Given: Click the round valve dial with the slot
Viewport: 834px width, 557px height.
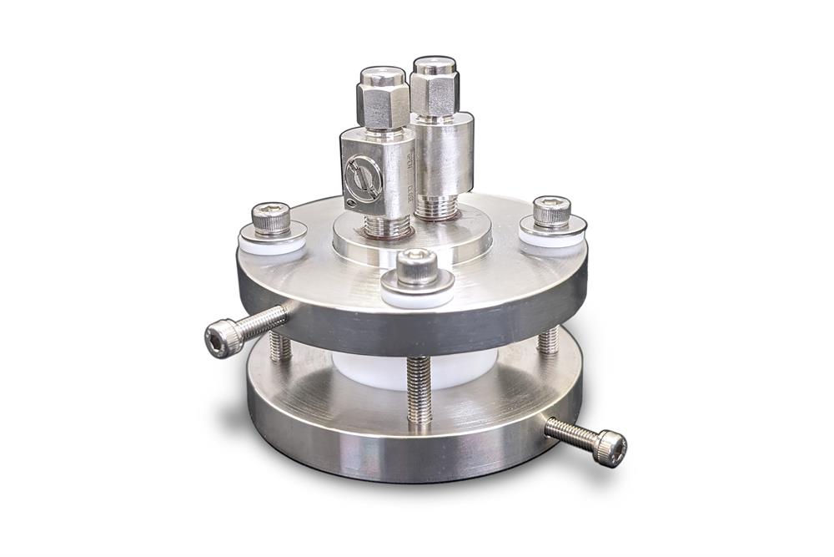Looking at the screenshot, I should pyautogui.click(x=360, y=174).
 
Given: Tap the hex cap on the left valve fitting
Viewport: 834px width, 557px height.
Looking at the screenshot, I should pyautogui.click(x=383, y=97).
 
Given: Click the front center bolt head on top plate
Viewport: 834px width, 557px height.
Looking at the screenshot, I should pyautogui.click(x=418, y=266).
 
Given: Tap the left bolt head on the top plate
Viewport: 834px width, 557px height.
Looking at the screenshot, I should pyautogui.click(x=271, y=218).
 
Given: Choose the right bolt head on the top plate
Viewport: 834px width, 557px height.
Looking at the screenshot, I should pyautogui.click(x=551, y=211).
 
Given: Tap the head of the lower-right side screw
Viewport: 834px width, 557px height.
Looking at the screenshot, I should pyautogui.click(x=612, y=447).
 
